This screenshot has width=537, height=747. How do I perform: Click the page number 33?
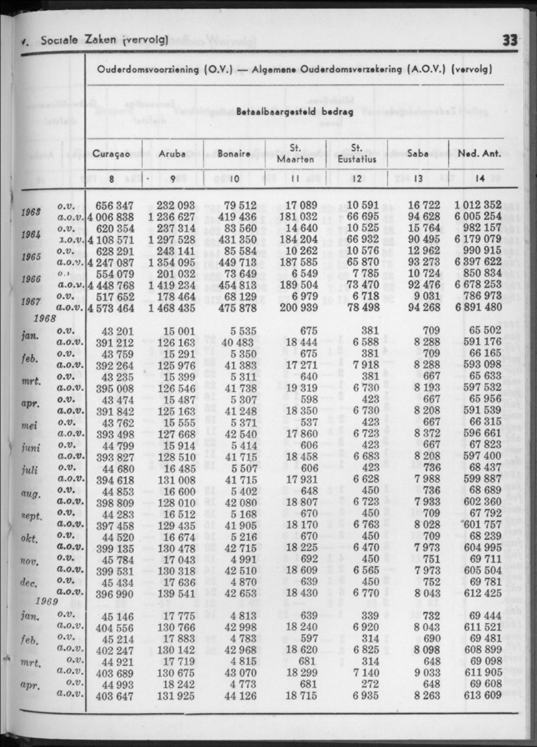pos(510,40)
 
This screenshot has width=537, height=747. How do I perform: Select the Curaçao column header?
pos(111,153)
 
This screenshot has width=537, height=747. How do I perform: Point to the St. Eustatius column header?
pos(356,153)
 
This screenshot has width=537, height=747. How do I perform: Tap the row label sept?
pos(32,516)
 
